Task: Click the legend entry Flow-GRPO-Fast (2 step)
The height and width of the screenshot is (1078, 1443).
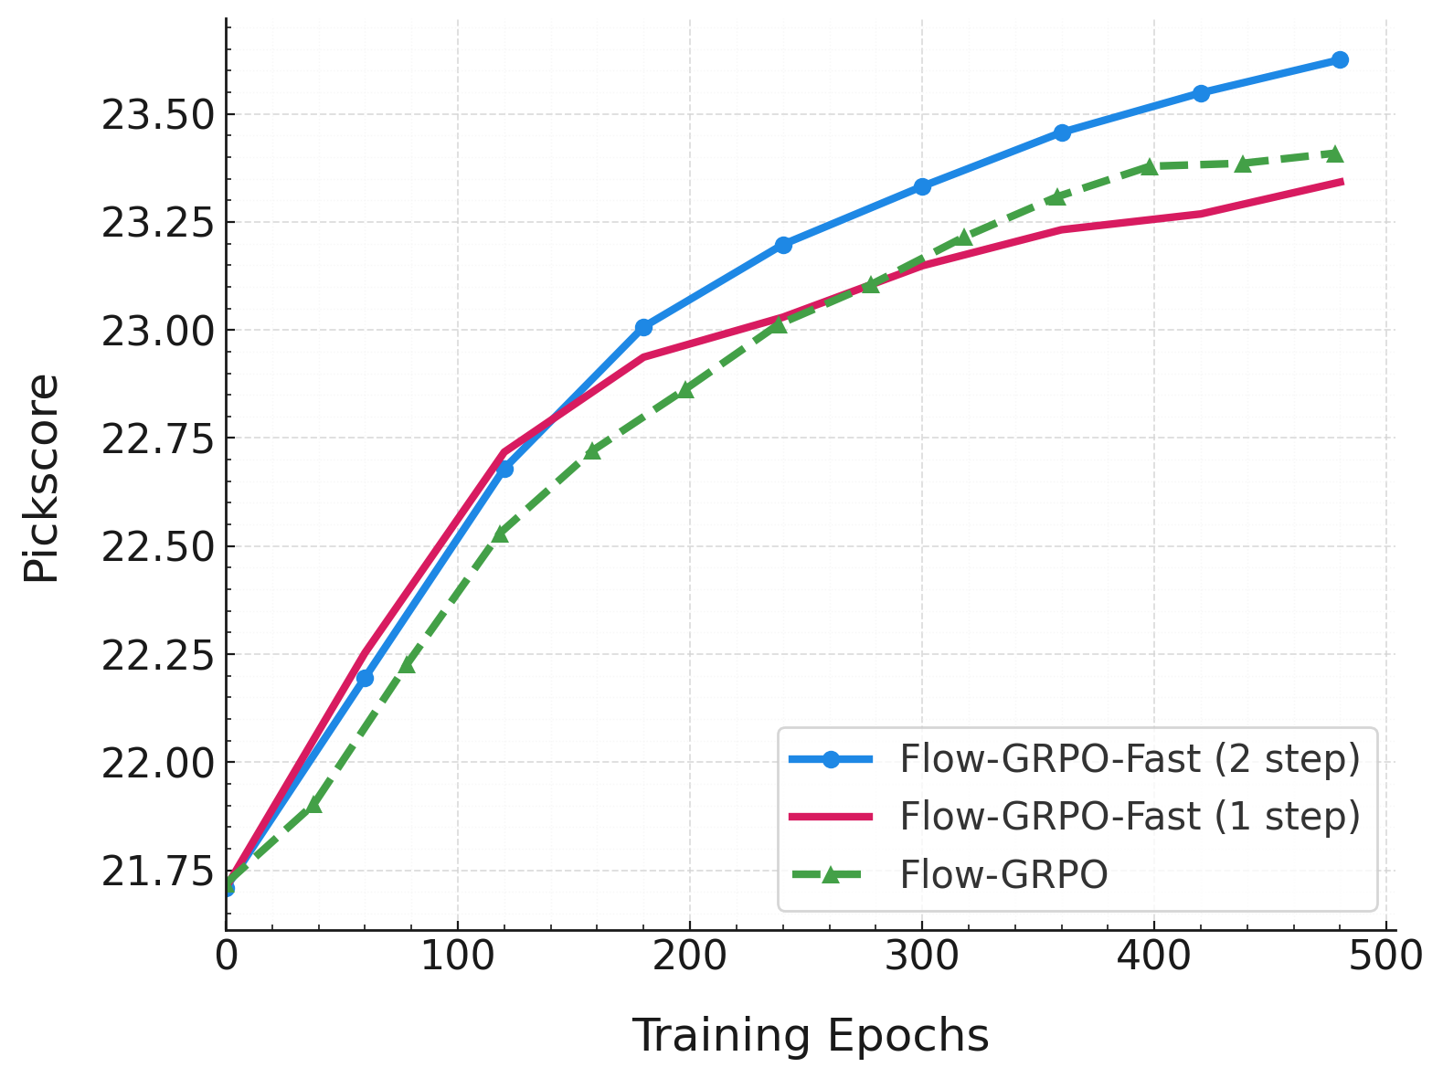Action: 1130,759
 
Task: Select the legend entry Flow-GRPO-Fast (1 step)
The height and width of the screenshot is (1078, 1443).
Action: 1130,817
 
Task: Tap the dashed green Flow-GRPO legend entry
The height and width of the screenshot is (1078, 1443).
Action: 1003,875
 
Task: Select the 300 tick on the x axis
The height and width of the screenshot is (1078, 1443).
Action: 921,956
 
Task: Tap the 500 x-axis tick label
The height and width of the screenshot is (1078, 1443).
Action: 1385,956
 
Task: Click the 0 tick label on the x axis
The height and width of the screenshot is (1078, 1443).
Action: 226,956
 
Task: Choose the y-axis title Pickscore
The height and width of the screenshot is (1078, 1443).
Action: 41,478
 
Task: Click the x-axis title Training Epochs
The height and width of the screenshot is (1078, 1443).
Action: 811,1036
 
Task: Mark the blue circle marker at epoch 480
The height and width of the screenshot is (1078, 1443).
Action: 1340,60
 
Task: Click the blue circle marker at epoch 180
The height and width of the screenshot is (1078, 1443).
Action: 643,327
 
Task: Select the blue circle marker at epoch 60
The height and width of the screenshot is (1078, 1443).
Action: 365,678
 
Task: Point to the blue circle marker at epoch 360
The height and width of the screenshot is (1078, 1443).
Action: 1061,132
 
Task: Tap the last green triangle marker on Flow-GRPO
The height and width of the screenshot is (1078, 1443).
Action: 1334,153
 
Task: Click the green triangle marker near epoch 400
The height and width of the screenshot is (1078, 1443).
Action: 1149,166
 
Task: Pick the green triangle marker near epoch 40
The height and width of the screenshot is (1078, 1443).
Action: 313,805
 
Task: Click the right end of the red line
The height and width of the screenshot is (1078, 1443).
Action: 1342,182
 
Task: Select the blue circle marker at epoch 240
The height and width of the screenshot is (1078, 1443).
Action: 783,245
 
